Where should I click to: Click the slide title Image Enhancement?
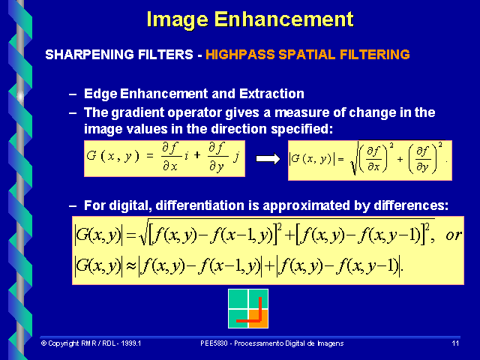tap(250, 19)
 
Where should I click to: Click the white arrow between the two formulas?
tap(267, 159)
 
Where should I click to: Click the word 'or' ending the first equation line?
tap(454, 235)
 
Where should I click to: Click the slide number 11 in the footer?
tap(455, 343)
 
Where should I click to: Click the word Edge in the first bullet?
tap(98, 94)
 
